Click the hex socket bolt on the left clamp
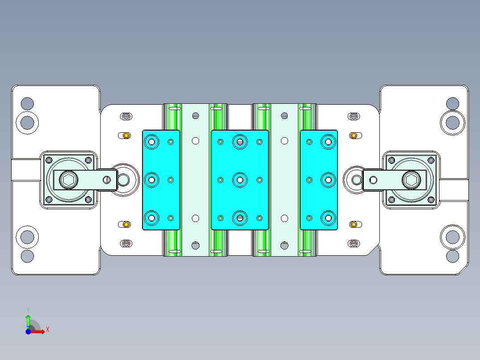pos(69,180)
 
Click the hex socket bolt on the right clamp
pos(411,180)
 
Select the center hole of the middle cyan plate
pos(240,180)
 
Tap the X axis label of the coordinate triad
pos(48,330)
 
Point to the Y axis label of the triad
pos(28,309)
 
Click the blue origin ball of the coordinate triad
pos(28,331)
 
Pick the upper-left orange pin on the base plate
pos(126,135)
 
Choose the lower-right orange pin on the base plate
pos(354,224)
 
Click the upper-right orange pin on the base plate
pos(354,135)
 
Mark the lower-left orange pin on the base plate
pos(126,224)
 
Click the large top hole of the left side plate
pos(27,122)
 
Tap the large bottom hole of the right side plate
pos(452,237)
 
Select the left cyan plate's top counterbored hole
pos(152,142)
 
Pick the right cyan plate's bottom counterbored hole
pos(328,218)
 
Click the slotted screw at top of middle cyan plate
pos(240,142)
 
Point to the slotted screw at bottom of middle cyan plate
pos(240,218)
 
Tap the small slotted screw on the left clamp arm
pos(106,180)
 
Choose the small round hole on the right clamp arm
pos(373,180)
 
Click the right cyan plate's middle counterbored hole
pos(328,180)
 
